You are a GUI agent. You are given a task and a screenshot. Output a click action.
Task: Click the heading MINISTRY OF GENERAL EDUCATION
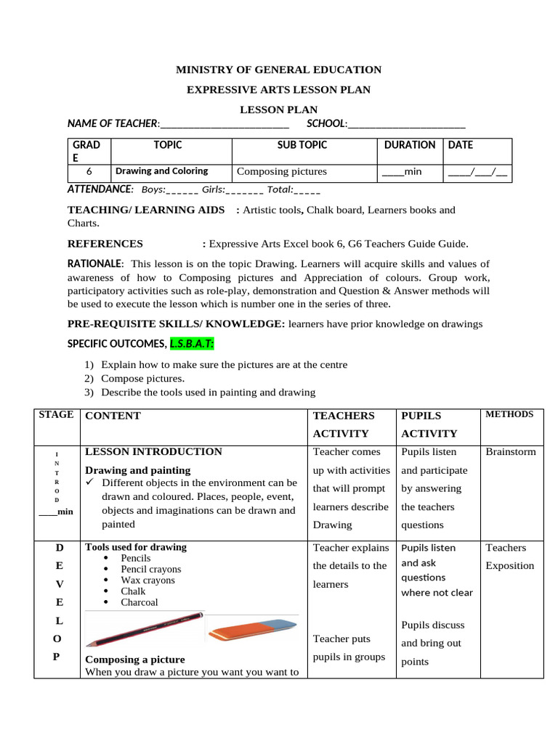279,70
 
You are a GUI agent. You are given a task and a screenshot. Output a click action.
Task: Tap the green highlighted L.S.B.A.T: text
193,342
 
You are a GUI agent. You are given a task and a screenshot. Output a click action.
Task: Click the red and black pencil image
144,628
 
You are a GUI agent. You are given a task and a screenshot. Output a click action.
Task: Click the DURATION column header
410,145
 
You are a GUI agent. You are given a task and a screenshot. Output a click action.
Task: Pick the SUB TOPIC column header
302,145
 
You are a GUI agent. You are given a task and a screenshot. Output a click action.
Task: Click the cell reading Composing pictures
281,172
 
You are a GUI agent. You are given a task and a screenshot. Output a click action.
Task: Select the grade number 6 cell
89,172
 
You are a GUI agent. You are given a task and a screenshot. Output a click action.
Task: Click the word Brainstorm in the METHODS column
510,451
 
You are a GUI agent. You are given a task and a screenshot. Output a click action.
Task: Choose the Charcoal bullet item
139,602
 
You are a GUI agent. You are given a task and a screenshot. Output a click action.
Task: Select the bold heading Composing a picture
135,660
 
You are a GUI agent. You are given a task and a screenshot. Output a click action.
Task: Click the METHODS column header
509,414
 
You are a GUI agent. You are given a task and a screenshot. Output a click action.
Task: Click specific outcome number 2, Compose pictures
142,378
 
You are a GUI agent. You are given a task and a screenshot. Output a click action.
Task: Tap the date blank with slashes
477,172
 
